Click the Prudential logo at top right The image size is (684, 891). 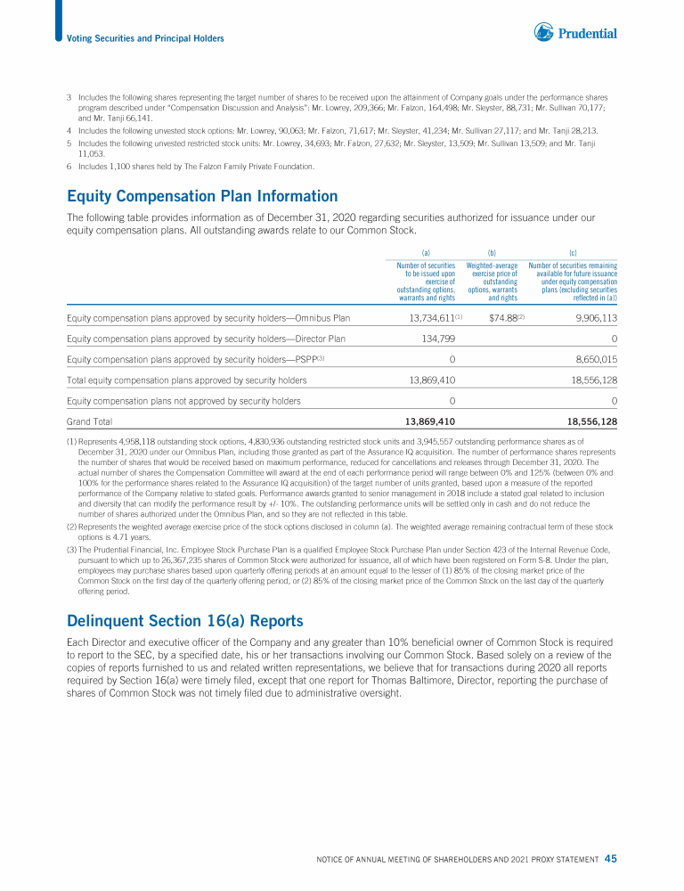pos(575,34)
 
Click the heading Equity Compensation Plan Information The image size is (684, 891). pos(202,196)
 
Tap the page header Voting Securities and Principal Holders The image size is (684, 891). pos(145,38)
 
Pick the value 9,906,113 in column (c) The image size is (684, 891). pos(592,317)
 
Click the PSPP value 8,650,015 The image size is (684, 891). pos(592,359)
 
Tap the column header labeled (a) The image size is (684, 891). pos(426,252)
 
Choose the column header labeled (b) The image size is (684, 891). pos(492,252)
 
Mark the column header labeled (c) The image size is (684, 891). pos(572,252)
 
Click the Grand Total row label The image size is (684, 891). pos(89,421)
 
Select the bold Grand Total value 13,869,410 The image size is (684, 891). pos(432,421)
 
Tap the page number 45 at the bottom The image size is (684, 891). pos(610,859)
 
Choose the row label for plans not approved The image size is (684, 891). pos(183,401)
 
